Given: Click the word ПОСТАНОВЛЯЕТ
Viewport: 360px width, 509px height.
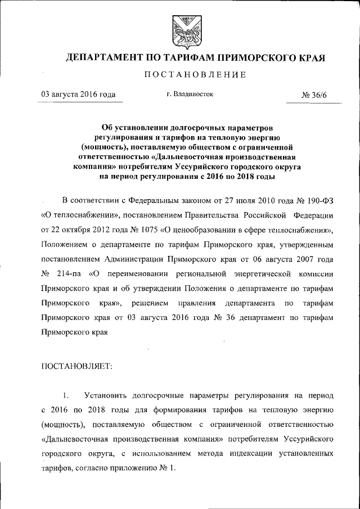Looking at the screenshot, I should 77,366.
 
